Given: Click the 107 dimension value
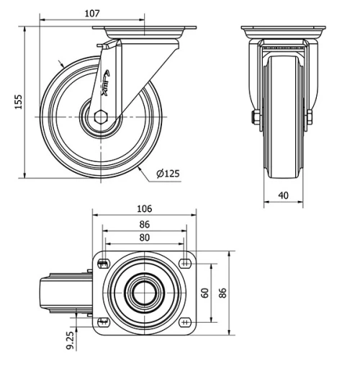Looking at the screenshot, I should (90, 12).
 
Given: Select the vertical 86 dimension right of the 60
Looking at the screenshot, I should (224, 293).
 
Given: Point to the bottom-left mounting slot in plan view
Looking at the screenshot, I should (102, 321).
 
